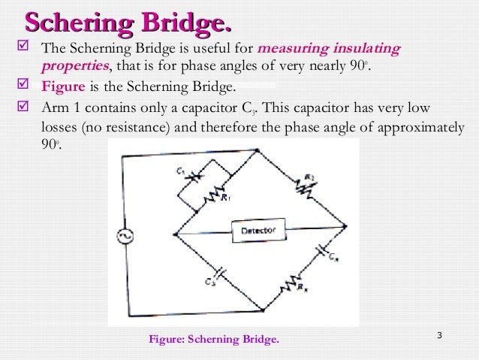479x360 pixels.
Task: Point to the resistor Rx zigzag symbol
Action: pyautogui.click(x=291, y=284)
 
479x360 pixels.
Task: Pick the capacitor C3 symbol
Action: pyautogui.click(x=218, y=272)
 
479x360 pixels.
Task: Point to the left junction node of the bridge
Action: pyautogui.click(x=176, y=234)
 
